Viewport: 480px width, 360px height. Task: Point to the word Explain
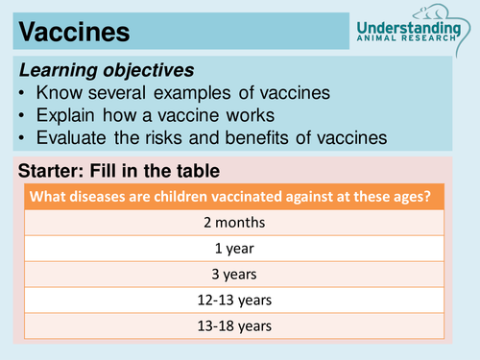(69, 115)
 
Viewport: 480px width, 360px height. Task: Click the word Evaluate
(74, 137)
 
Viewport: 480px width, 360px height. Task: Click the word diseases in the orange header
(101, 199)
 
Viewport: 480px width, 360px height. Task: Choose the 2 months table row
(236, 223)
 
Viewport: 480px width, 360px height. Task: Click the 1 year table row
(236, 249)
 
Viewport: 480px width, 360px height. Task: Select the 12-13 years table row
(236, 300)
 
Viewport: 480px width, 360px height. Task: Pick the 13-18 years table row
(236, 326)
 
